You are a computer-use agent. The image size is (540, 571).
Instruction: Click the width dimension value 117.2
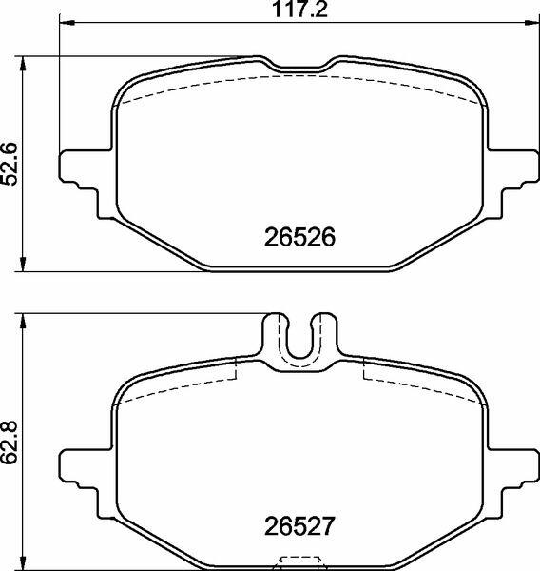299,10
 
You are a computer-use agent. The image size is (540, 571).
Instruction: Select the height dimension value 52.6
10,164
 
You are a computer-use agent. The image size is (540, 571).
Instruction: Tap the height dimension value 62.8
10,443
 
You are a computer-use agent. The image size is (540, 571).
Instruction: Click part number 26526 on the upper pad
299,237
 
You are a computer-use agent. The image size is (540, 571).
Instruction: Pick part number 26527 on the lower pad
299,526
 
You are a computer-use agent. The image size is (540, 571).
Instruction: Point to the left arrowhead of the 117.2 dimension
67,23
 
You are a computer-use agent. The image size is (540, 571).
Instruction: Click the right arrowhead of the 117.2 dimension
532,23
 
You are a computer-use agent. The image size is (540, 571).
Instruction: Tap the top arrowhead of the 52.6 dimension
23,64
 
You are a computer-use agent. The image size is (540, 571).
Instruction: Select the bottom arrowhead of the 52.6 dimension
23,264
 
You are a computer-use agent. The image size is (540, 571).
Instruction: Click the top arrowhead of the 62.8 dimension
23,321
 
